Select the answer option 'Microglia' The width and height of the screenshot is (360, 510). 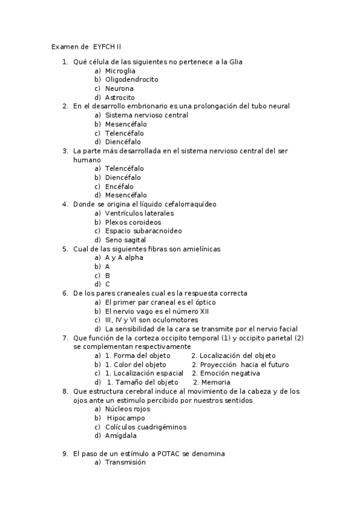(x=120, y=70)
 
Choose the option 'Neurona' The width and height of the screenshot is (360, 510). (x=119, y=88)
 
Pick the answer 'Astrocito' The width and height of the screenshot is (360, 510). (x=120, y=97)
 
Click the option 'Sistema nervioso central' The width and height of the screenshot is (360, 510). (x=146, y=115)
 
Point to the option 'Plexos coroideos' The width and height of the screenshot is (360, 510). (x=133, y=222)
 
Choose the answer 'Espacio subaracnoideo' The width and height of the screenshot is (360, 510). (x=143, y=231)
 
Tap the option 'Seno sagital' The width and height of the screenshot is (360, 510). (x=125, y=240)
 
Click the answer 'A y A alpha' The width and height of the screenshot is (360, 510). (x=124, y=257)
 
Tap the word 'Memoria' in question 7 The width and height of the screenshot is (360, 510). (x=215, y=382)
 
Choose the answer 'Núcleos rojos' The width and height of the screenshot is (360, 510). (x=127, y=409)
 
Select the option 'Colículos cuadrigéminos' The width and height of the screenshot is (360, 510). (x=145, y=427)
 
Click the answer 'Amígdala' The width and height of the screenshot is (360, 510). (x=120, y=436)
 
